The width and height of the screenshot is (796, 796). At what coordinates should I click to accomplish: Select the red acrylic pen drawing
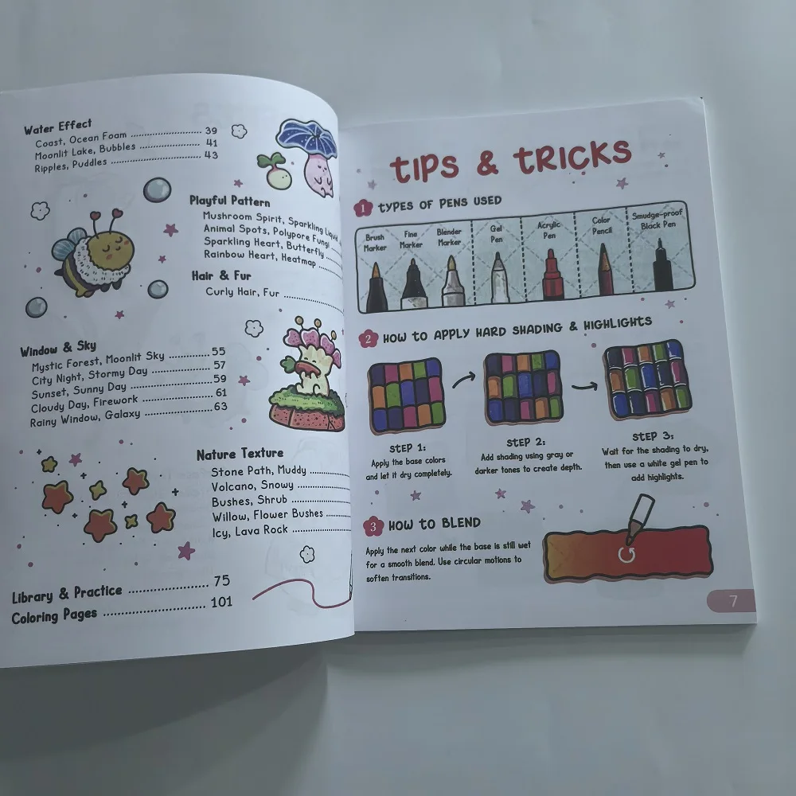[x=553, y=275]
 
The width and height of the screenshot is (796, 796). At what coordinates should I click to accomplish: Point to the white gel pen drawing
[x=498, y=279]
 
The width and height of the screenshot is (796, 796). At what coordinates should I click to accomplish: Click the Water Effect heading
[x=57, y=127]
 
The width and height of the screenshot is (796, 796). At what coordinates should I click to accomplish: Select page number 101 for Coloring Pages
[x=221, y=602]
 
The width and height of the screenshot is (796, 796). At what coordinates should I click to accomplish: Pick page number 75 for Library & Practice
[x=221, y=582]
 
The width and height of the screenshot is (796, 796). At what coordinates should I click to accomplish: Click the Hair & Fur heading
[x=221, y=275]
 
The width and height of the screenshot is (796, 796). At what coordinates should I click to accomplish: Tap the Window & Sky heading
[x=57, y=348]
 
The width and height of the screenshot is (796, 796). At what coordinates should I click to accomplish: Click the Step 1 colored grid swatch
[x=406, y=393]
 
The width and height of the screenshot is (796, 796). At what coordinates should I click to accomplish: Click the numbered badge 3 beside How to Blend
[x=373, y=525]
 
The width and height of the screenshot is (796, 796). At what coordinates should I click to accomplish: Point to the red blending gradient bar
[x=629, y=552]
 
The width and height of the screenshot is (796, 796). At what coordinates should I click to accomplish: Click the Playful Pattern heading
[x=230, y=201]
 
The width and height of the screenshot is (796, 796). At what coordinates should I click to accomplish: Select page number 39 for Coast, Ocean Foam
[x=211, y=131]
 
